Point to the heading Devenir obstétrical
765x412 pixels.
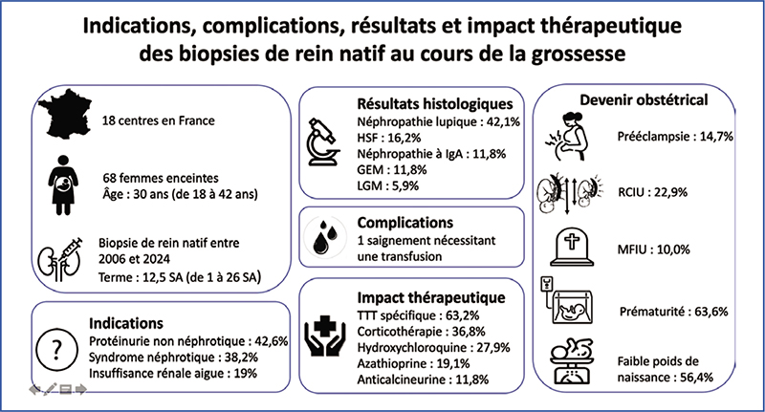point(630,99)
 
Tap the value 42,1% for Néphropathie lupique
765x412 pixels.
point(497,121)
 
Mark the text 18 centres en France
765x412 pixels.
point(159,121)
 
